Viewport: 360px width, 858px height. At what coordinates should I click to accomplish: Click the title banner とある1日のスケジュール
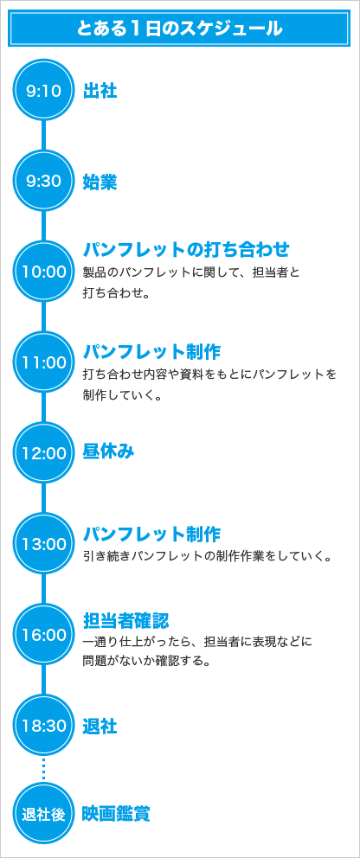(179, 28)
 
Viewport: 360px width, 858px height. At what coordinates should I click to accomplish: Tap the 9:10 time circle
(44, 90)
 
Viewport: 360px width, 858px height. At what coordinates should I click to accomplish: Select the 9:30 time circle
(44, 181)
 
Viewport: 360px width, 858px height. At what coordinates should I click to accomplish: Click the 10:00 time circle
(44, 272)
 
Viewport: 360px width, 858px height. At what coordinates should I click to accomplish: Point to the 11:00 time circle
(44, 362)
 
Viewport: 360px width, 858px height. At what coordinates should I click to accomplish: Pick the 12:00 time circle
(44, 453)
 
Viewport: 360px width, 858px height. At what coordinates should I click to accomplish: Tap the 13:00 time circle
(44, 544)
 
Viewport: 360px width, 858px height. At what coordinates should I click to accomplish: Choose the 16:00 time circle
(44, 635)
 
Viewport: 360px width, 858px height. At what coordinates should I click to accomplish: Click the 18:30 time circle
(44, 726)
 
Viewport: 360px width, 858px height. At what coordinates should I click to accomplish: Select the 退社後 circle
(44, 814)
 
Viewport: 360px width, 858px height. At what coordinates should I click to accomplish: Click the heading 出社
(100, 91)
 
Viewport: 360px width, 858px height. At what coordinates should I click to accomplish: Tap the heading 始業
(100, 182)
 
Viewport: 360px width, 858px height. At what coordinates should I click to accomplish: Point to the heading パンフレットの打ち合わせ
(186, 249)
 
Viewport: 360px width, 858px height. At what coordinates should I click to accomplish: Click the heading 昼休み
(108, 451)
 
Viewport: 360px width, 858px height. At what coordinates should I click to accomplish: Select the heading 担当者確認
(125, 621)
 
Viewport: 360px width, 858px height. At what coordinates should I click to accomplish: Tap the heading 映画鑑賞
(117, 814)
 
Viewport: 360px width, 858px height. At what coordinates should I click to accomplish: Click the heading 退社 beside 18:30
(100, 727)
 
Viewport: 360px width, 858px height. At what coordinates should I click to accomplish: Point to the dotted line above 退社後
(44, 770)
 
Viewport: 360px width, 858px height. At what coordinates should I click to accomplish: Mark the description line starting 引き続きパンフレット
(208, 557)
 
